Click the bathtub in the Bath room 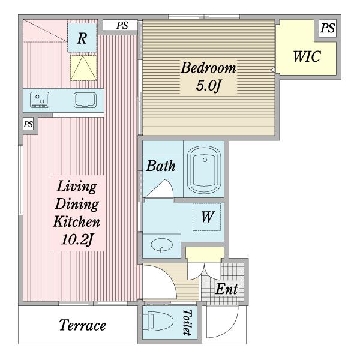(204, 170)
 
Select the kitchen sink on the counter (85, 100)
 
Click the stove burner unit (40, 100)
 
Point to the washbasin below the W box (161, 245)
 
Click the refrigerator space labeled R (82, 38)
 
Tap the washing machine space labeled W (207, 217)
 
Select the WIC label (307, 56)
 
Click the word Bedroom (208, 68)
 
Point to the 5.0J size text (208, 86)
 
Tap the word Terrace (82, 325)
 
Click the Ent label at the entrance (226, 289)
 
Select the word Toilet (187, 322)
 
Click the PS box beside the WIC (328, 28)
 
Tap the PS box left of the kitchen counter (28, 124)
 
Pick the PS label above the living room (122, 25)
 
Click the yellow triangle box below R (83, 68)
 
